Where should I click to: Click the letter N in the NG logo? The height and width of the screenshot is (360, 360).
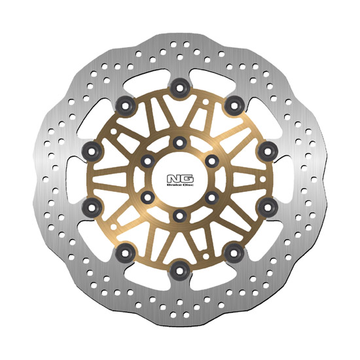coord(174,177)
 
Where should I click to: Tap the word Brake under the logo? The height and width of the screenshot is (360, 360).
coord(173,185)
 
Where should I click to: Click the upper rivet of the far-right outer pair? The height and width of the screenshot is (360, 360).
coord(267,151)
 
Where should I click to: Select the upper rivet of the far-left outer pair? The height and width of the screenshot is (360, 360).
coord(92,151)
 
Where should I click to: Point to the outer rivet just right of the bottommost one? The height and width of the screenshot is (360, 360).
coord(232,252)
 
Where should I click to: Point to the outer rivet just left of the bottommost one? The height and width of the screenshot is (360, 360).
coord(126,252)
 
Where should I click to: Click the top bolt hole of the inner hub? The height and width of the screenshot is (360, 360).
coord(179,141)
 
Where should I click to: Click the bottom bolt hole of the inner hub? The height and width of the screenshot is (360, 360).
coord(179,214)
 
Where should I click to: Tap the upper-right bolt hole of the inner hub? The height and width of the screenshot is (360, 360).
coord(211,160)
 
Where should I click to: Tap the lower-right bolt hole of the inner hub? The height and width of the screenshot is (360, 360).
coord(211,196)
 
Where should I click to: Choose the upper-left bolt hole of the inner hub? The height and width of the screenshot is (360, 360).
coord(147,160)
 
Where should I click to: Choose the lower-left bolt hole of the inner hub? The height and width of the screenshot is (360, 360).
coord(147,196)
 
